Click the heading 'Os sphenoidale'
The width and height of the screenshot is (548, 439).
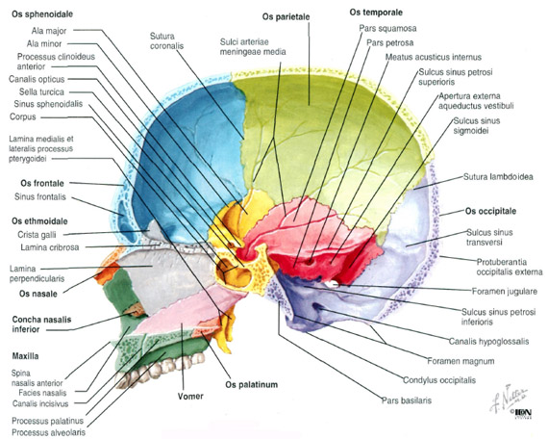click(x=42, y=14)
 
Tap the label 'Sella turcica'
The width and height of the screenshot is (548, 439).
click(x=41, y=92)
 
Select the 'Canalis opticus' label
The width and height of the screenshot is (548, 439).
click(x=37, y=79)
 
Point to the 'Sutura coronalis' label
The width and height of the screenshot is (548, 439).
click(x=166, y=41)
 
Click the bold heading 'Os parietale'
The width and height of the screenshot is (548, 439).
click(x=286, y=16)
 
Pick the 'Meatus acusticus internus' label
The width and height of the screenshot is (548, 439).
click(x=434, y=57)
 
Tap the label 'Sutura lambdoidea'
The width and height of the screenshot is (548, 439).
click(x=498, y=177)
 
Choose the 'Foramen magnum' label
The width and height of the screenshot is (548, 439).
click(x=461, y=361)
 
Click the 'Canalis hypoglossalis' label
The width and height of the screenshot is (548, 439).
click(x=488, y=342)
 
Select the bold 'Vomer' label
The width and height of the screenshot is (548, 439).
click(x=190, y=397)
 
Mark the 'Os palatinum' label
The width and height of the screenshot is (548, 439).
click(x=251, y=385)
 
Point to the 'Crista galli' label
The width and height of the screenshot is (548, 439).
click(x=37, y=235)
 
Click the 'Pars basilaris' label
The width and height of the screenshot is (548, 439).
click(x=406, y=400)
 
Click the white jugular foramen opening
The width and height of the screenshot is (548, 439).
click(x=333, y=284)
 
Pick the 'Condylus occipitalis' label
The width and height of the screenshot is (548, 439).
click(x=439, y=380)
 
